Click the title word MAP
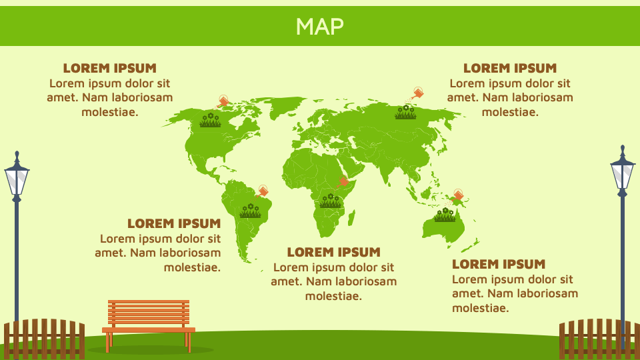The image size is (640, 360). (x=320, y=26)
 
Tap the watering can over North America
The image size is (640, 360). (x=223, y=101)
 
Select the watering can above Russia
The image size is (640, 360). (x=417, y=93)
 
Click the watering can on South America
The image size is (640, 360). (x=263, y=191)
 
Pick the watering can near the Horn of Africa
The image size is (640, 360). (x=343, y=181)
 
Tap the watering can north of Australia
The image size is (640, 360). (x=457, y=195)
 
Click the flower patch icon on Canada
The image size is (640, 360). (x=211, y=121)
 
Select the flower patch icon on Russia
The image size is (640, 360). (x=405, y=113)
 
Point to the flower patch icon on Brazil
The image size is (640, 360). (x=250, y=211)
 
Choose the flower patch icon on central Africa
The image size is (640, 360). (x=330, y=201)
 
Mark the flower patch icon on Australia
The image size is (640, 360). (x=445, y=215)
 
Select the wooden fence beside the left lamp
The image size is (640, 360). (x=44, y=339)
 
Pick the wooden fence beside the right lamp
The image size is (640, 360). (x=599, y=339)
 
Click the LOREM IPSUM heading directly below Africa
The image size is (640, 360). (x=333, y=252)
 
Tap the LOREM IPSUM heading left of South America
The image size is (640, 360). (x=173, y=223)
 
